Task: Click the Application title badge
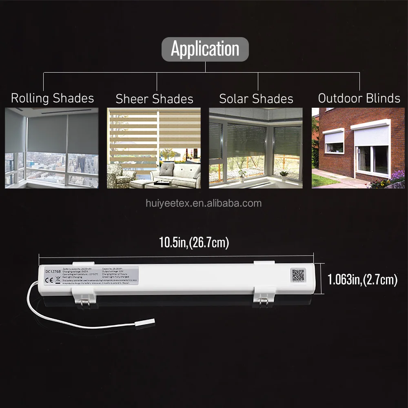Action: point(205,49)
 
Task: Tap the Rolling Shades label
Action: point(52,98)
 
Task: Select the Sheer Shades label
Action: point(154,99)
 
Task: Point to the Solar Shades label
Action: point(256,99)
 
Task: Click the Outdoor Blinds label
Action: point(359,98)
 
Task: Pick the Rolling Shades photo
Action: point(52,148)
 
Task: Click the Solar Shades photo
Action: point(256,148)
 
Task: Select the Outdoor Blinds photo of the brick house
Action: point(358,148)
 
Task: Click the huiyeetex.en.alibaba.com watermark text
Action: point(204,203)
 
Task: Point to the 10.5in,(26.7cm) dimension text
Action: point(194,243)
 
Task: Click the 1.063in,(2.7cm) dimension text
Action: point(362,279)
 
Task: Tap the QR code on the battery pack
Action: point(298,275)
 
